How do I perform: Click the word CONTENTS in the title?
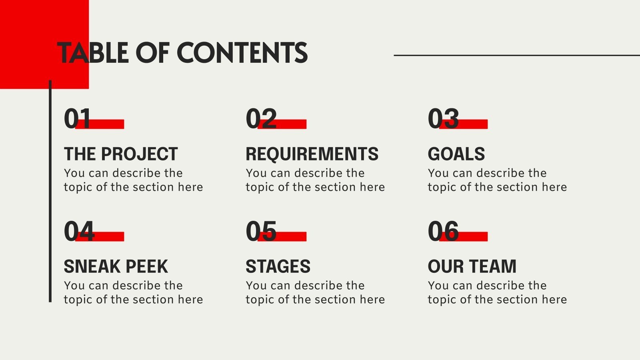pos(242,53)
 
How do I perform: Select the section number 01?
pos(77,118)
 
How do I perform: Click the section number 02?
pos(261,118)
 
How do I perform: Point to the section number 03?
pos(443,118)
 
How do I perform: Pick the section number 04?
pos(79,231)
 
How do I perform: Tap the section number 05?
pos(261,231)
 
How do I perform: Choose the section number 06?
pos(443,231)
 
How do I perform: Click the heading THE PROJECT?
pos(121,154)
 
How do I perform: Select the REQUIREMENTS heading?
pos(312,154)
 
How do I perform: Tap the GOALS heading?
pos(456,154)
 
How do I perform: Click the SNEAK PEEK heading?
pos(116,266)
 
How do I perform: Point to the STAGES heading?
pos(278,266)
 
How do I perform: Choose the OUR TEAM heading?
pos(472,266)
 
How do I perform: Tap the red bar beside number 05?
pos(292,236)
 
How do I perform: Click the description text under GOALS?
pos(497,180)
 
